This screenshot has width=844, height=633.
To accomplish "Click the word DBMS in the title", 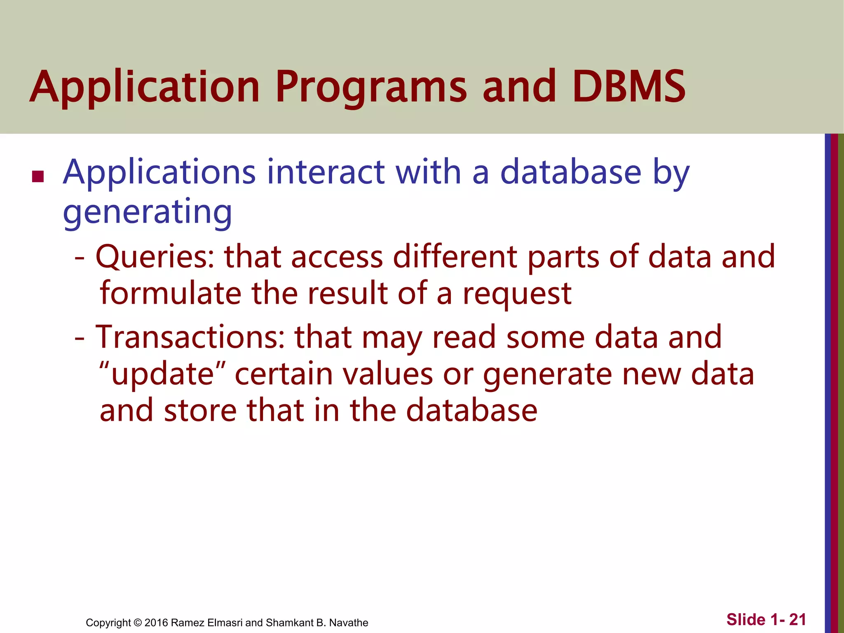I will (x=629, y=87).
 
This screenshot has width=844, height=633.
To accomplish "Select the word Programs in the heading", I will (x=374, y=87).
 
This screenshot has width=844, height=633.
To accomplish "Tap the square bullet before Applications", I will (x=38, y=177).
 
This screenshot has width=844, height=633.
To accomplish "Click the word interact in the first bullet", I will (x=325, y=172).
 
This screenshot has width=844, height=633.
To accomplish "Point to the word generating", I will (x=147, y=212).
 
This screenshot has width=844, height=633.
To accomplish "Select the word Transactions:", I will (x=190, y=337).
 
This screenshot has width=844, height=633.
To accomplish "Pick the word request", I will (x=517, y=294).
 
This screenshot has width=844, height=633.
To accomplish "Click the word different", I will (x=455, y=256).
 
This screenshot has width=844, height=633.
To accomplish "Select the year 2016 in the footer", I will (x=156, y=623).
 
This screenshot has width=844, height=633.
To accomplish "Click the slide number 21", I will (x=797, y=619).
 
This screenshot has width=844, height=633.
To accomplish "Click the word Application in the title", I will (x=144, y=87).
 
